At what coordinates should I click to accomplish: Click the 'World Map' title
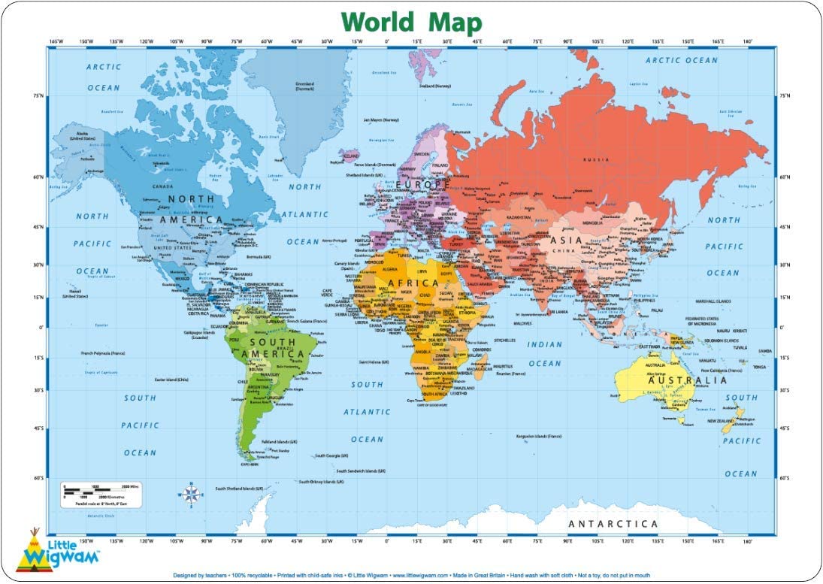[411, 22]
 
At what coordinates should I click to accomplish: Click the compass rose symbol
[191, 494]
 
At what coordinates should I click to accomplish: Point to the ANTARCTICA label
[613, 524]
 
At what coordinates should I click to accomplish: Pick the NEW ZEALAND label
[721, 422]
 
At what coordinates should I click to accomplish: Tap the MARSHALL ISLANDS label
[713, 301]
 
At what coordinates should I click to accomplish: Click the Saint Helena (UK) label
[374, 362]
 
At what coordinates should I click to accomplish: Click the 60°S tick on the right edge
[785, 478]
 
